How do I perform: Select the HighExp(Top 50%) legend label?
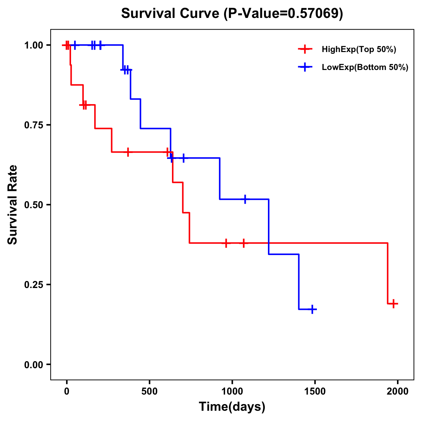(x=359, y=50)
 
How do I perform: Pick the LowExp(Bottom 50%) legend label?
(x=365, y=68)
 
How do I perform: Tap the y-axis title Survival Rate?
(x=13, y=204)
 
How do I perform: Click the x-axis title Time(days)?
(x=232, y=407)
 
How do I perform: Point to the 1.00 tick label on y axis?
(x=33, y=45)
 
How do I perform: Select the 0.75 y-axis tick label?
(x=33, y=125)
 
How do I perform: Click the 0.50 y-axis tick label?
(x=33, y=205)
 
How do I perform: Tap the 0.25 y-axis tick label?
(x=33, y=285)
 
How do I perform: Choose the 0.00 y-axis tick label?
(x=33, y=365)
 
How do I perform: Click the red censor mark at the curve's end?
(x=394, y=303)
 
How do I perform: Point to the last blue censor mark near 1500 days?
(x=312, y=309)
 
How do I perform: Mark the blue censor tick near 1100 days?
(x=245, y=199)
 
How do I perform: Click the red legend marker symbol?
(x=305, y=50)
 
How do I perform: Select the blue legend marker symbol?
(x=305, y=68)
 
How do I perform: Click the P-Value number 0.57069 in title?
(x=314, y=14)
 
